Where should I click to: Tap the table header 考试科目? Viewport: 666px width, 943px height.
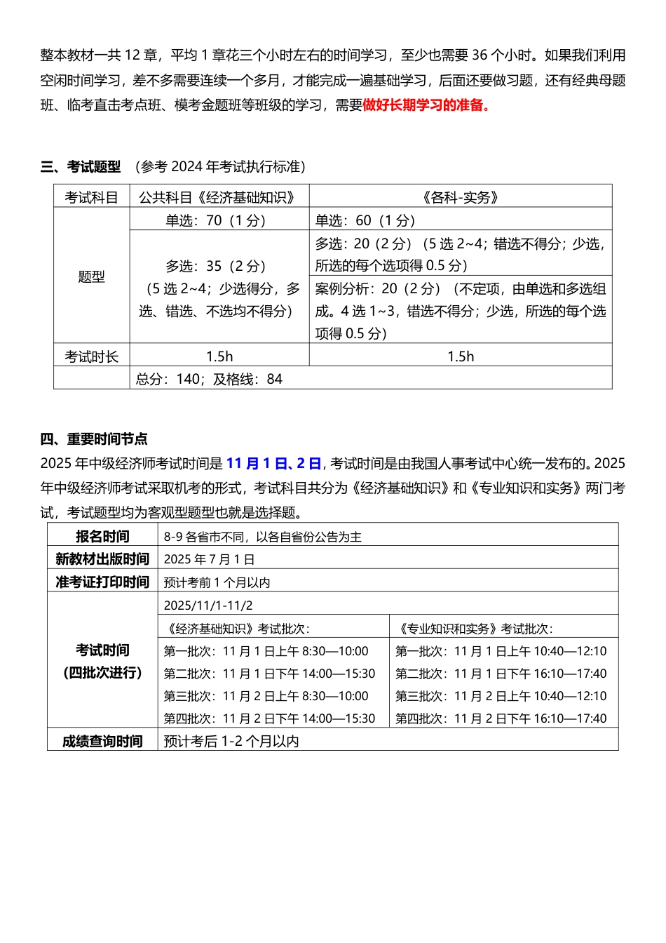92,198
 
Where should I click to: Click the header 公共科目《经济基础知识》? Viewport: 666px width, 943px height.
217,198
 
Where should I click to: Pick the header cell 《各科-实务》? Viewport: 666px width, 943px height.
461,198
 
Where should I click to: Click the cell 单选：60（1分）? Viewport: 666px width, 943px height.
365,220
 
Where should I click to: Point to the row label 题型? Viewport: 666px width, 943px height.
92,276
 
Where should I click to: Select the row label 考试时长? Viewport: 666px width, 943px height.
92,356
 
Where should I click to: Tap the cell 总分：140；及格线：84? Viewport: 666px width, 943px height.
209,379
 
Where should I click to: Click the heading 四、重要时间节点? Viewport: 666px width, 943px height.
94,439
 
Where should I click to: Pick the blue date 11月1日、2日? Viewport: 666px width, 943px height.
273,463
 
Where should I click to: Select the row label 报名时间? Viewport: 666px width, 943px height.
102,537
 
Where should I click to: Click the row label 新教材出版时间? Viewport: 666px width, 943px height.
102,559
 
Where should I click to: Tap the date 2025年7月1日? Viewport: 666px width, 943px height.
209,559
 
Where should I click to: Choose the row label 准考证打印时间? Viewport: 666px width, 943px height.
102,582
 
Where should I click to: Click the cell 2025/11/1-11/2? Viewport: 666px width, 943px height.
208,605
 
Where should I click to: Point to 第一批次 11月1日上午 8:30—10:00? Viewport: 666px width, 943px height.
266,651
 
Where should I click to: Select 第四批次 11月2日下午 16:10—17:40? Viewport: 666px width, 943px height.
501,718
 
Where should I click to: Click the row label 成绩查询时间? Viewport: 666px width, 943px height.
102,741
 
